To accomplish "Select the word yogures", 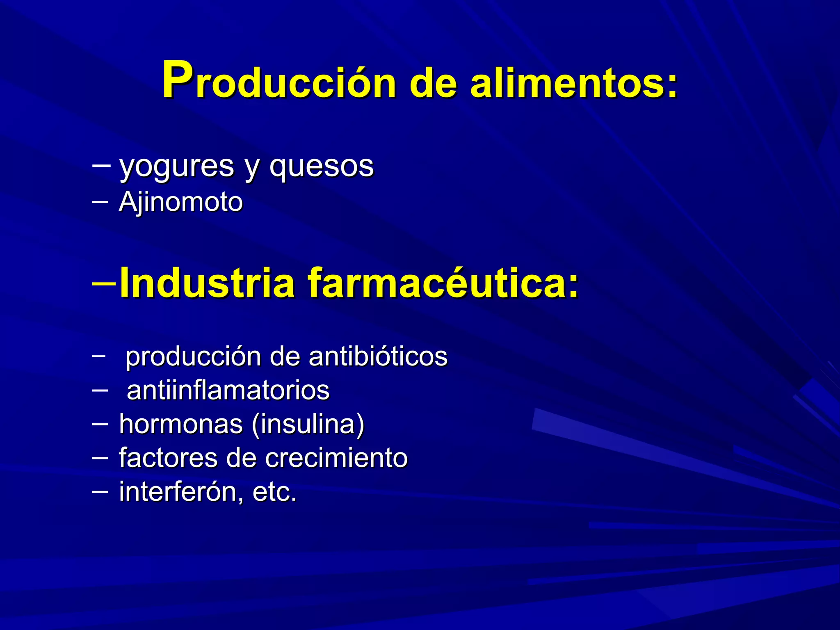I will click(x=176, y=167).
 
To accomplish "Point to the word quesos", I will click(x=322, y=167).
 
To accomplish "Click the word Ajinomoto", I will click(x=181, y=202).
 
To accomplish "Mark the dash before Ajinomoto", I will click(x=100, y=201).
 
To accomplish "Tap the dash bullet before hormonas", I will click(x=100, y=423).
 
